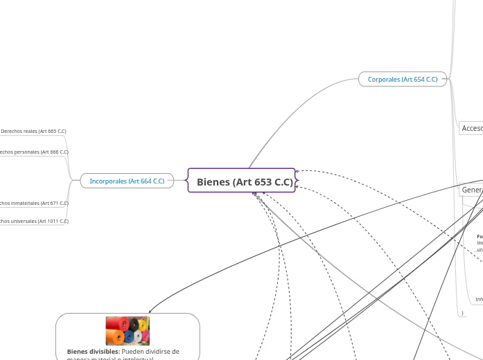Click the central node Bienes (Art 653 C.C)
(241, 182)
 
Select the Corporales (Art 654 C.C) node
(403, 80)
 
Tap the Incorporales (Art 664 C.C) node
(127, 181)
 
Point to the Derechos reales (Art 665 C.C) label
(33, 131)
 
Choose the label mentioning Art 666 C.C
(33, 152)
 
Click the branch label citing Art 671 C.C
(33, 204)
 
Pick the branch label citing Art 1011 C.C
(33, 222)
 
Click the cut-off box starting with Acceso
(471, 128)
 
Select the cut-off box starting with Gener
(471, 190)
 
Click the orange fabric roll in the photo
(116, 337)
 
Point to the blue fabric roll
(130, 336)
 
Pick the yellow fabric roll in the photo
(143, 325)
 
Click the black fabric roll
(134, 324)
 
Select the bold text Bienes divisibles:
(93, 352)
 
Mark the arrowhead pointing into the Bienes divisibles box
(150, 311)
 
